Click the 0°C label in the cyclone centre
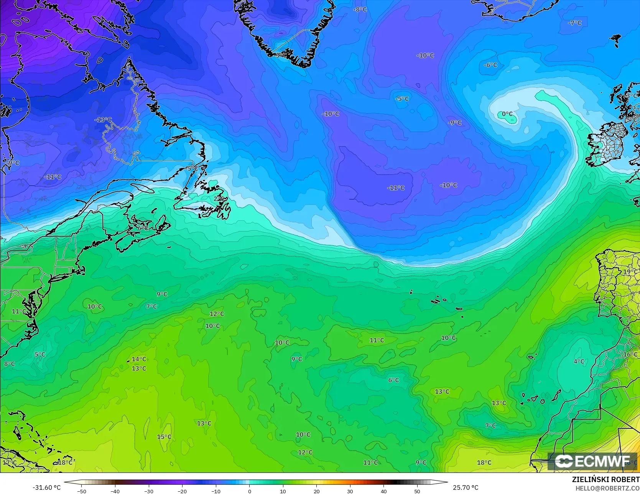point(507,114)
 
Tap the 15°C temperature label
point(164,437)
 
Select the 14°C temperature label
point(139,359)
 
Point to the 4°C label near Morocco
point(579,362)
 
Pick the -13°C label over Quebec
point(103,120)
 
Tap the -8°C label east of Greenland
point(360,10)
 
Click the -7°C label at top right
point(574,23)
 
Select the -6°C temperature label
point(490,65)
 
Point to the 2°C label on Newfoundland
point(219,198)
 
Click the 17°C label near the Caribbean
point(10,463)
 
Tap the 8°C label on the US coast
point(10,364)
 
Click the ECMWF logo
point(592,461)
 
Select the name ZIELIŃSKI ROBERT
point(605,479)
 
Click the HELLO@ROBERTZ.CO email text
point(607,487)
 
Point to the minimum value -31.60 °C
point(46,487)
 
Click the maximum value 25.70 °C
point(466,487)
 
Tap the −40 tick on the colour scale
point(115,491)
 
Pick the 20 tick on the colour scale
point(316,491)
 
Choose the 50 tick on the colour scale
point(417,491)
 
